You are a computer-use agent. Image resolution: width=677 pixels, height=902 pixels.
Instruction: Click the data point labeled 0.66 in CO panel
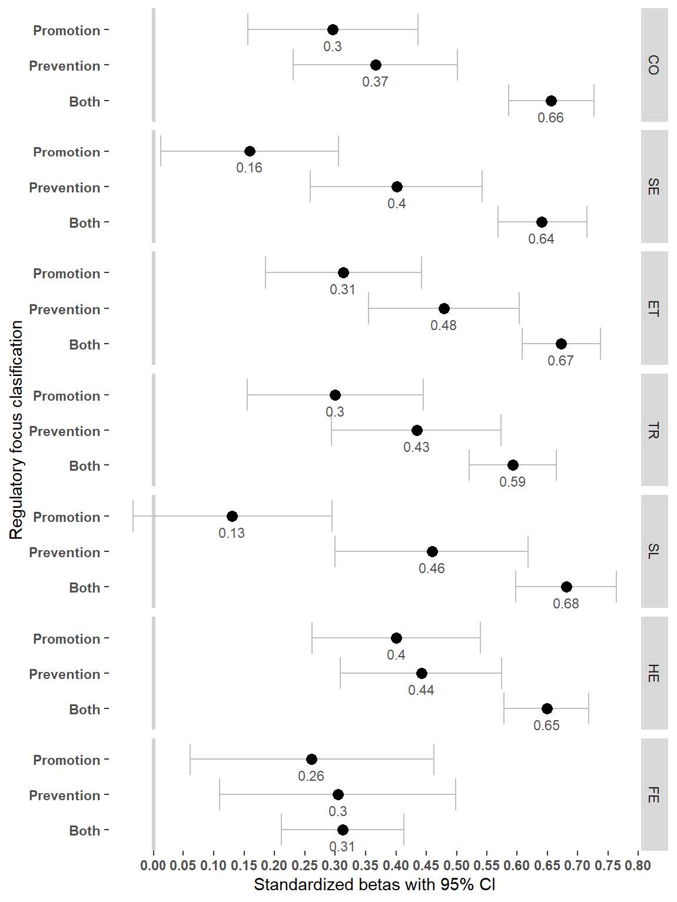[551, 101]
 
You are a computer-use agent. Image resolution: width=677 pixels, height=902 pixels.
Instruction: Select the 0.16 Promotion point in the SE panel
[250, 151]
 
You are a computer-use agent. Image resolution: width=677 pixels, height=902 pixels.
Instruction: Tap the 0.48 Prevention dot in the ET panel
[444, 308]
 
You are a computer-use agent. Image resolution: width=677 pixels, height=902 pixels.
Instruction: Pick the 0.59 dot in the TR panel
[513, 465]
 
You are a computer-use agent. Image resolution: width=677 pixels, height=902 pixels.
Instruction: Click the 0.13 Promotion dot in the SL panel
[232, 516]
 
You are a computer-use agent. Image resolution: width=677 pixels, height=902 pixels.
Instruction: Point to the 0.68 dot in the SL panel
[566, 587]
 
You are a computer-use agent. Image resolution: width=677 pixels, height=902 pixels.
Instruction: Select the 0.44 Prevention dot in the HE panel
[422, 673]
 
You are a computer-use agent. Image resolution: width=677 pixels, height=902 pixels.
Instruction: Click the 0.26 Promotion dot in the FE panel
[311, 759]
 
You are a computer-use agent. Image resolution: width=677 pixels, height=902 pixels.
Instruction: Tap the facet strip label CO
[653, 65]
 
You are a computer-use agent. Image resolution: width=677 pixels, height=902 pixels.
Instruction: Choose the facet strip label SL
[653, 551]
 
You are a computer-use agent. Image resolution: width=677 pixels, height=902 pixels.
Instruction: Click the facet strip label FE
[653, 794]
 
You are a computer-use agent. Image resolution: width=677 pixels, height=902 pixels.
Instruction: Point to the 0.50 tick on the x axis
[457, 866]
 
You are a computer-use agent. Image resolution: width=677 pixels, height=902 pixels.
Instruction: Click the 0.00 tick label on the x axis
[154, 866]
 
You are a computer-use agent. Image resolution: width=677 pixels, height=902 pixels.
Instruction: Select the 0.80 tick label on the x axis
[638, 866]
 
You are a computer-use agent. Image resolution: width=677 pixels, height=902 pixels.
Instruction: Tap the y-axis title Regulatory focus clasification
[16, 430]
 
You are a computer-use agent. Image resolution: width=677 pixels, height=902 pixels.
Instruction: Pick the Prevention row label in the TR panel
[65, 431]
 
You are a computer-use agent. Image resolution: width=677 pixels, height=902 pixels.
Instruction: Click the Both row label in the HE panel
[85, 710]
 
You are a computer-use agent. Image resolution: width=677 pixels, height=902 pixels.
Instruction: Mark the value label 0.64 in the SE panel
[541, 239]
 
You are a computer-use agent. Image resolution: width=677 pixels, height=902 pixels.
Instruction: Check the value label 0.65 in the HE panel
[546, 725]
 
